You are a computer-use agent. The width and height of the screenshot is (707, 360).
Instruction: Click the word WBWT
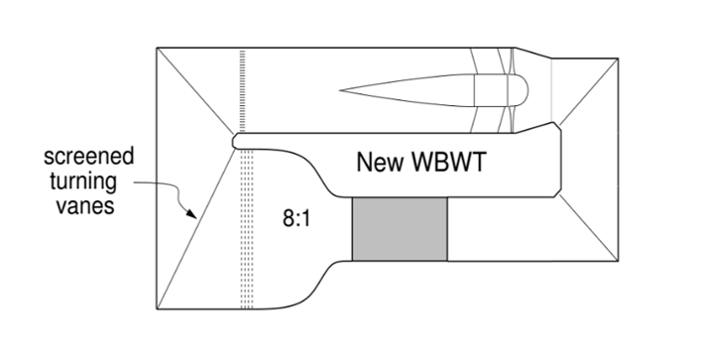[x=449, y=162]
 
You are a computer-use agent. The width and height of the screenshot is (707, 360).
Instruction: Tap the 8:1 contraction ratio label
[x=296, y=219]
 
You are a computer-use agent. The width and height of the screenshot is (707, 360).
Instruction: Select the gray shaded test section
[x=400, y=229]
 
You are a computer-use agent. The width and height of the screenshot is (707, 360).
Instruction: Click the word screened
[x=89, y=157]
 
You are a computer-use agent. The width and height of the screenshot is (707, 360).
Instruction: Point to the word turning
[x=83, y=181]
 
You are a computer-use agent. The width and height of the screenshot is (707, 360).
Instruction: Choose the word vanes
[x=84, y=205]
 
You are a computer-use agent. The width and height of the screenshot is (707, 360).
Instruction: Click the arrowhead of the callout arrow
[x=192, y=214]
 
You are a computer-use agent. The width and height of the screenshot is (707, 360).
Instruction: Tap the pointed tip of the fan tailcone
[x=340, y=90]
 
